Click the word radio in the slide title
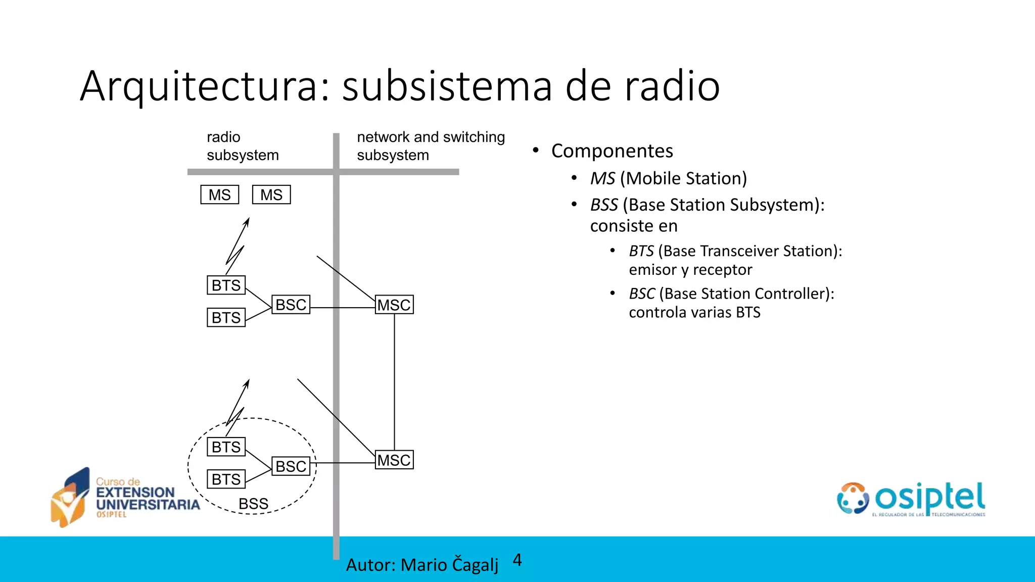point(672,87)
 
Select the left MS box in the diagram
point(220,195)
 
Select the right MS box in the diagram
point(271,195)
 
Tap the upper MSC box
point(394,305)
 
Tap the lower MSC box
point(394,460)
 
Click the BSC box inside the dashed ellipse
point(291,466)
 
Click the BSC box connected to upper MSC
point(291,305)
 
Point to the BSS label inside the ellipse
point(253,504)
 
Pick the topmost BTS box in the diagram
point(226,285)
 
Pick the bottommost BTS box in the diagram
point(226,479)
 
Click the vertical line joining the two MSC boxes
point(395,381)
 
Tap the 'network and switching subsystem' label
point(431,146)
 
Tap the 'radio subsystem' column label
point(242,146)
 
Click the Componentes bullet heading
point(612,151)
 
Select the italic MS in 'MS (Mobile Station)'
point(602,178)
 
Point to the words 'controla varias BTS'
point(694,312)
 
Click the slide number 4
point(517,560)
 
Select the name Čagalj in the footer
point(475,565)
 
